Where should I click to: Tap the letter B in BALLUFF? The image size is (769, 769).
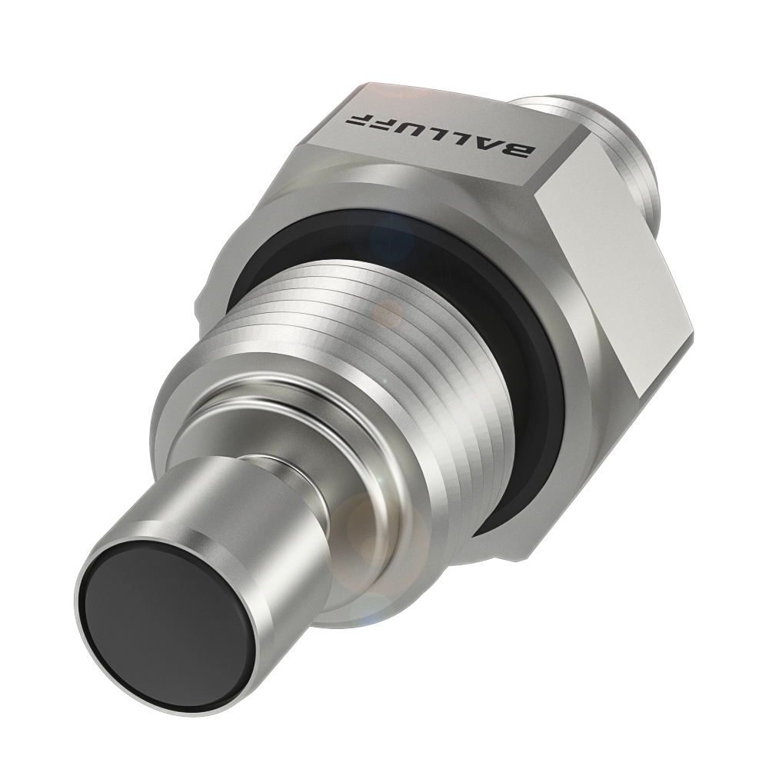coord(519,151)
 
